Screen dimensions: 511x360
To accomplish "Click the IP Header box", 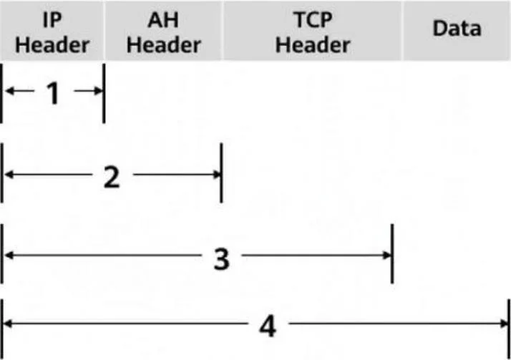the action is click(x=52, y=30).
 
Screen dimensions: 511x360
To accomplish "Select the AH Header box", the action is click(x=163, y=30).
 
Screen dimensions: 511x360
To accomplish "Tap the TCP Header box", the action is click(x=313, y=30).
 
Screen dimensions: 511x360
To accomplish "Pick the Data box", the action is click(x=457, y=30).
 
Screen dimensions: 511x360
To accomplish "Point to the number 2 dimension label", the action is click(x=112, y=177).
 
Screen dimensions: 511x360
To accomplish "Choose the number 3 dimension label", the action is click(x=222, y=259).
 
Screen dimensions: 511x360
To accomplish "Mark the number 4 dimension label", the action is click(x=268, y=327).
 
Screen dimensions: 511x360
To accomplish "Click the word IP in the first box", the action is click(x=52, y=19).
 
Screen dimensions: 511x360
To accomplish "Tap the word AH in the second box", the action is click(x=163, y=19).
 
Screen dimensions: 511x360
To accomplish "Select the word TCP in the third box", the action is click(x=313, y=19).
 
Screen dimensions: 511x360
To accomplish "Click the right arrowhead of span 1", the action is click(x=99, y=91).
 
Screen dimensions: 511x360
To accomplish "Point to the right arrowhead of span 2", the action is click(x=216, y=175).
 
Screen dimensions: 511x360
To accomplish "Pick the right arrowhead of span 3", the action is click(x=387, y=256).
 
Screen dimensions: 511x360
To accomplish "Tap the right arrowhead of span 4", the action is click(x=504, y=323).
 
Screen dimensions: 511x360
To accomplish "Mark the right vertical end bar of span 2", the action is click(x=222, y=172).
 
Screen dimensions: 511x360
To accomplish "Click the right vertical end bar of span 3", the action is click(x=392, y=254).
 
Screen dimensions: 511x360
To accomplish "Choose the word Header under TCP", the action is click(x=313, y=44).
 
